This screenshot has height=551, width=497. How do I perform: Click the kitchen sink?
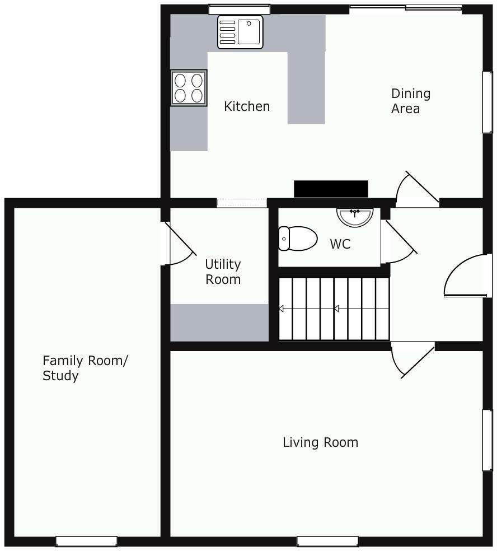240,32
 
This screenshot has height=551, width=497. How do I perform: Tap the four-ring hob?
189,88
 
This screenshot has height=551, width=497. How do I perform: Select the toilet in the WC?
298,238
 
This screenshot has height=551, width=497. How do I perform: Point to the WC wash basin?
355,217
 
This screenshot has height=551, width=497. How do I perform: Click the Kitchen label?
247,106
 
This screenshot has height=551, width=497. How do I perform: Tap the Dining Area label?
411,101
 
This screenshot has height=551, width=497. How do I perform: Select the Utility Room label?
223,272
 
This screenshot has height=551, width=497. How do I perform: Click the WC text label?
340,244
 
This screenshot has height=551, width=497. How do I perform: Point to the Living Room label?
320,442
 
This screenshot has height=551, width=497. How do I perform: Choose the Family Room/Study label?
85,367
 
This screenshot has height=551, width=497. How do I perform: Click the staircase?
334,309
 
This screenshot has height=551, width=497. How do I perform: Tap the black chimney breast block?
331,189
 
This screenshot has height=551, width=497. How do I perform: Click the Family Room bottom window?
86,541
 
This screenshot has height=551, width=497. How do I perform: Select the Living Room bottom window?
327,541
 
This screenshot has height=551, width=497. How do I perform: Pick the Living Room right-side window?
487,440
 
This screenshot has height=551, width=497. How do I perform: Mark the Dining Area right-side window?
487,102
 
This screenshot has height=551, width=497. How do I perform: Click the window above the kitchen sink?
239,9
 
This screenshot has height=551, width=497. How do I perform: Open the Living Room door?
413,360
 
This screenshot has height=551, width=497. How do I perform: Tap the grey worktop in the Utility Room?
219,323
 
